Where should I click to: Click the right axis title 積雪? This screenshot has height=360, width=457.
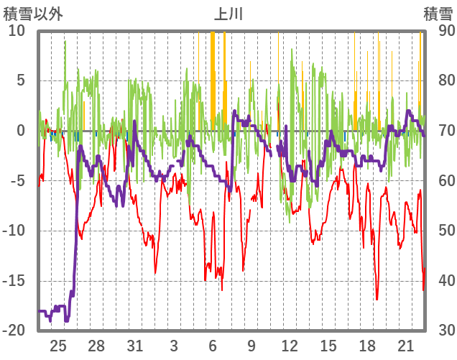(x=437, y=13)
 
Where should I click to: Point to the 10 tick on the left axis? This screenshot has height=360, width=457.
(x=17, y=30)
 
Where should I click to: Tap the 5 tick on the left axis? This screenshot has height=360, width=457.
(x=20, y=80)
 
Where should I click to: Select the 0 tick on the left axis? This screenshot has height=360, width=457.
(x=20, y=130)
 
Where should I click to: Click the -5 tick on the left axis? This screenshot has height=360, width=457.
(x=17, y=180)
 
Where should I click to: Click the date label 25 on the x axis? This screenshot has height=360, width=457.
(x=58, y=346)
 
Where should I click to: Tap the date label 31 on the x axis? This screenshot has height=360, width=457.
(x=135, y=346)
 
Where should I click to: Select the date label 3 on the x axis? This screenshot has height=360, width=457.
(x=174, y=346)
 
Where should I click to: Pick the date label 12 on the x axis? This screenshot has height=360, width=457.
(x=290, y=346)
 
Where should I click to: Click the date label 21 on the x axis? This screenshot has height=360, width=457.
(x=405, y=346)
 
